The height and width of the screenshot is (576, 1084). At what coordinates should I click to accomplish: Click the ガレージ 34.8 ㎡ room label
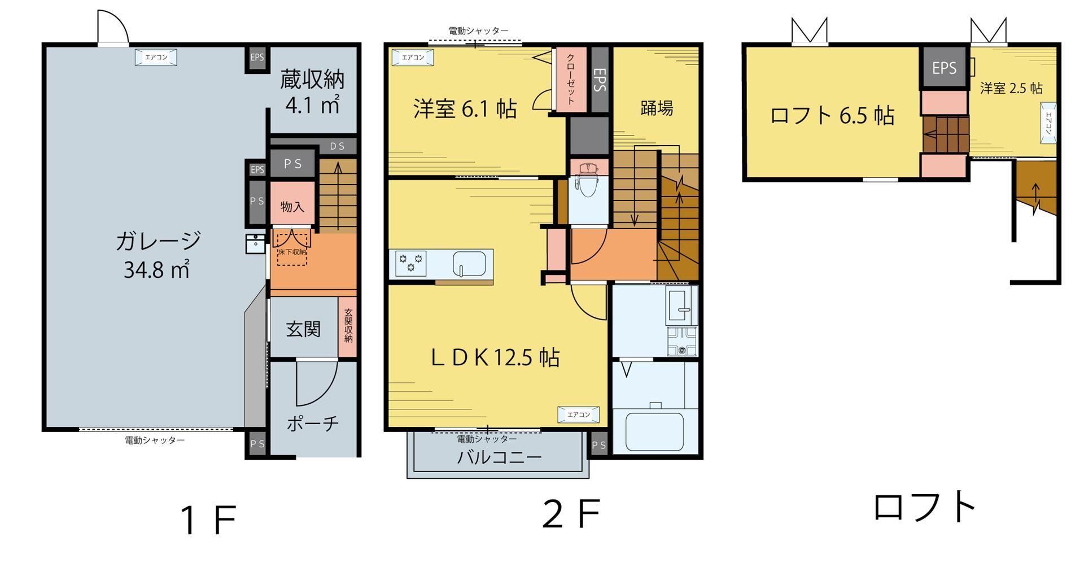click(x=158, y=255)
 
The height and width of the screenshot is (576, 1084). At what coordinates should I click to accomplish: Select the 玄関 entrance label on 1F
click(x=303, y=329)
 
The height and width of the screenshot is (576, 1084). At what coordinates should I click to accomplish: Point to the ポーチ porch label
click(x=313, y=423)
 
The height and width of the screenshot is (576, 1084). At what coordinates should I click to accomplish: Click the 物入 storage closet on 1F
click(x=292, y=206)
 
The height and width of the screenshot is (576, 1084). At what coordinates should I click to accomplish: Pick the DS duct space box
click(x=337, y=146)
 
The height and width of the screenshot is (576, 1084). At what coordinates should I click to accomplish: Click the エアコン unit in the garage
click(x=156, y=57)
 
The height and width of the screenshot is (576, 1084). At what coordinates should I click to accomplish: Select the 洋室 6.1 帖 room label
click(x=465, y=108)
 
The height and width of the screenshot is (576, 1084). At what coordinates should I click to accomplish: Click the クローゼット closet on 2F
click(x=571, y=79)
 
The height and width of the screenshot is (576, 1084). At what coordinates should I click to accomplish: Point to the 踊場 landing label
click(x=657, y=108)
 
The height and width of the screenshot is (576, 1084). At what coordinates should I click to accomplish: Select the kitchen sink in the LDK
click(x=469, y=263)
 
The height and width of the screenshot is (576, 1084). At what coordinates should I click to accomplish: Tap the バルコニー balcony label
click(x=499, y=457)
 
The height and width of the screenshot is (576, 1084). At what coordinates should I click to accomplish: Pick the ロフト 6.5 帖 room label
click(x=832, y=115)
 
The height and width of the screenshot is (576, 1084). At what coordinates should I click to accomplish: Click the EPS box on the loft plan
click(x=944, y=68)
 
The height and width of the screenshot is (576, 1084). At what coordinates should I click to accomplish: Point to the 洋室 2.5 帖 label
click(x=1011, y=88)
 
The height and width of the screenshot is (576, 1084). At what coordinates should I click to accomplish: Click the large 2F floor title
click(x=570, y=514)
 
